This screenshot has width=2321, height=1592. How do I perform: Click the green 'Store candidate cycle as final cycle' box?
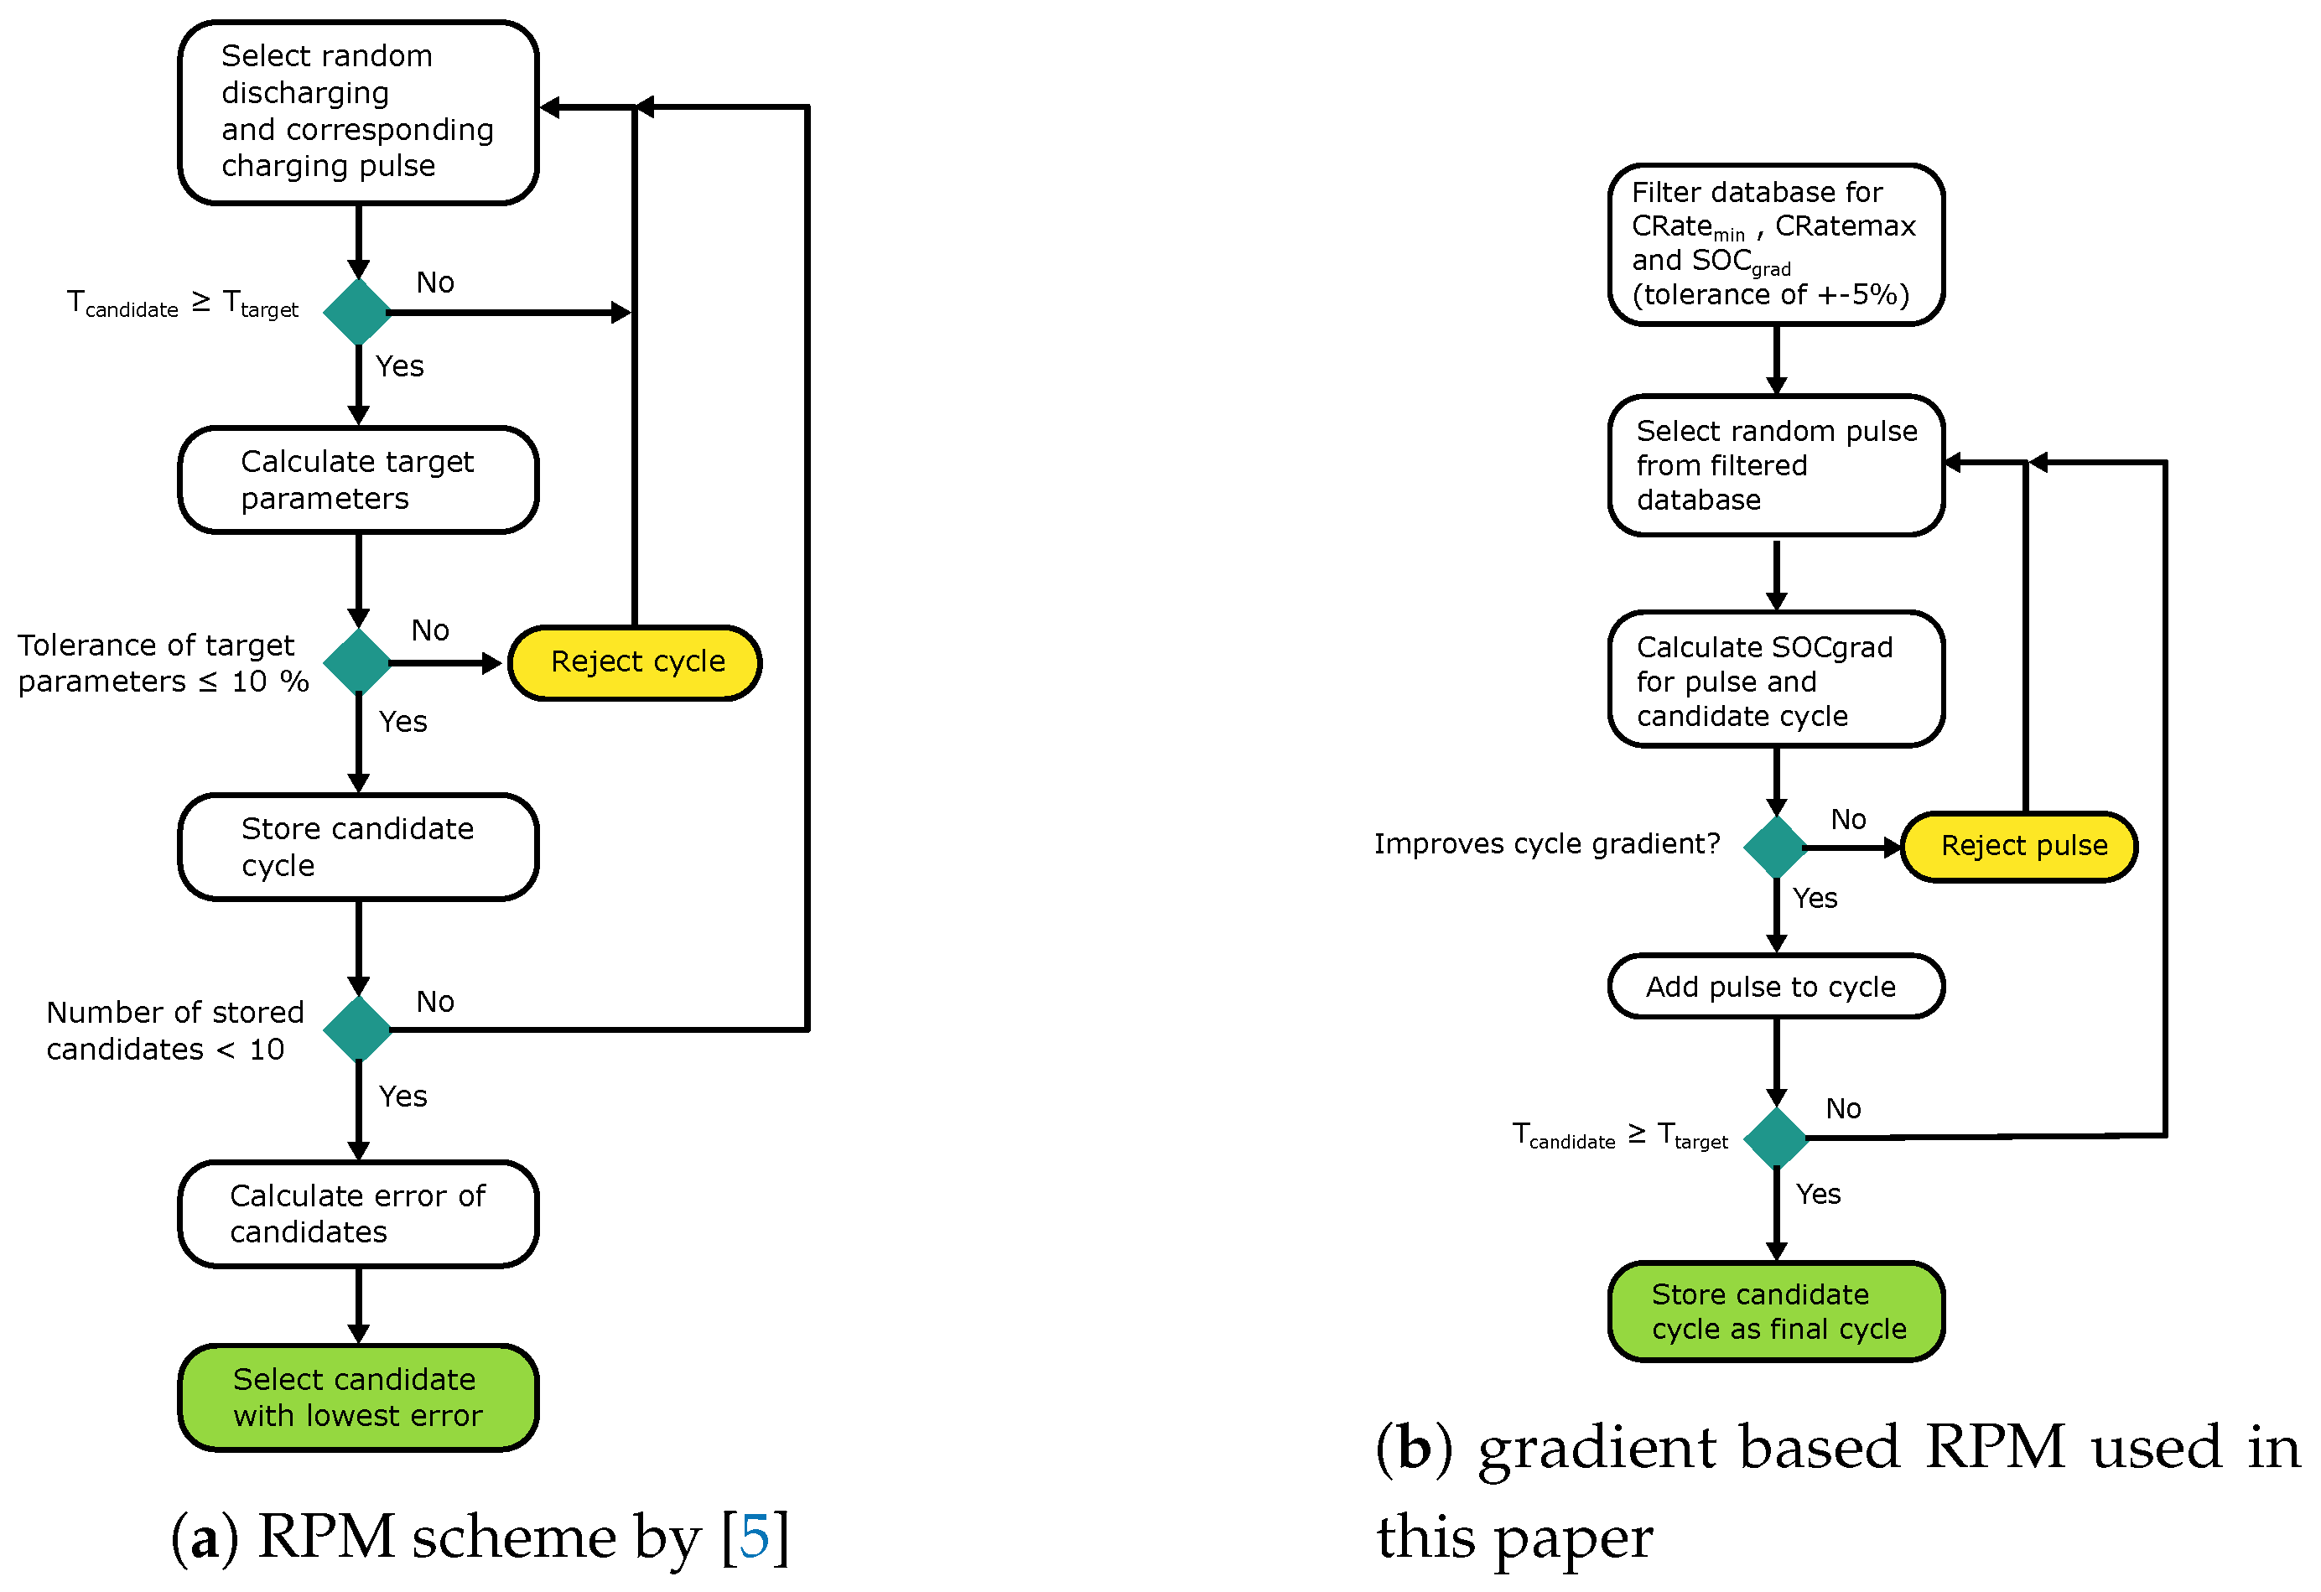coord(1776,1310)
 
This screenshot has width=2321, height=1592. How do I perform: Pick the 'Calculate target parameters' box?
coord(357,480)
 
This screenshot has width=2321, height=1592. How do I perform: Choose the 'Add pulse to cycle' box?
coord(1776,986)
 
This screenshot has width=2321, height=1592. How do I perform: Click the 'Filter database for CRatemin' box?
coord(1776,244)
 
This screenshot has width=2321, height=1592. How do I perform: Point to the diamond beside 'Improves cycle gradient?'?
coord(1776,847)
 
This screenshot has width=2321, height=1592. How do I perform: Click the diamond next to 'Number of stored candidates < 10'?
coord(357,1028)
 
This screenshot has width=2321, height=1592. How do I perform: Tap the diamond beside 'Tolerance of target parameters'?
coord(357,661)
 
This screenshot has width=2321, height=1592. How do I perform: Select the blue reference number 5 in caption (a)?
coord(755,1535)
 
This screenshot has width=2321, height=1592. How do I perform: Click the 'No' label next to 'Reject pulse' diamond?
coord(1847,819)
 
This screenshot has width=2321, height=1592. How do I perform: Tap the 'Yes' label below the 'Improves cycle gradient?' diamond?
coord(1815,898)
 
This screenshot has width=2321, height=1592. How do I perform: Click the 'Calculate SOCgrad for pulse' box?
coord(1776,679)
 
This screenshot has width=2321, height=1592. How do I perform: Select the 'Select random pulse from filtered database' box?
coord(1776,464)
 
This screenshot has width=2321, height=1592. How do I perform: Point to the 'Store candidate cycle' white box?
coord(357,846)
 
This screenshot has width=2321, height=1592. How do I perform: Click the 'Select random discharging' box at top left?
coord(357,111)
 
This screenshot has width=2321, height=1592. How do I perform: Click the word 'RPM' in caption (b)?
coord(1993,1447)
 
